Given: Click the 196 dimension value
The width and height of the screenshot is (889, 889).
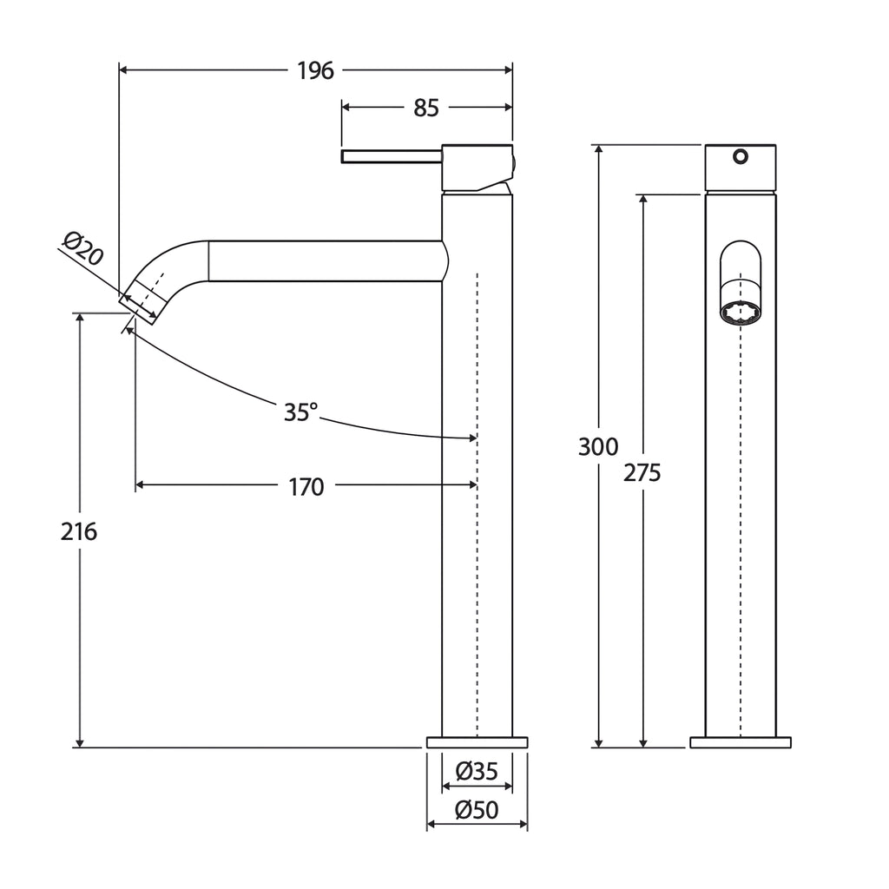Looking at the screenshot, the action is pyautogui.click(x=316, y=71).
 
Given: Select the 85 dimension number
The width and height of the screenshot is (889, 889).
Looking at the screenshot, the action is pyautogui.click(x=426, y=108).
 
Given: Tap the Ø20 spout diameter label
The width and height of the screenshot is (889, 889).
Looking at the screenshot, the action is pyautogui.click(x=83, y=247).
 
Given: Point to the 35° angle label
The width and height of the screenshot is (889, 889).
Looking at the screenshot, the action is pyautogui.click(x=300, y=412).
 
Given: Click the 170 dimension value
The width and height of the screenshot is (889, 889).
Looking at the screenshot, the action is pyautogui.click(x=306, y=487).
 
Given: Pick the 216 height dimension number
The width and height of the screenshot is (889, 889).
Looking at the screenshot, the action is pyautogui.click(x=79, y=532).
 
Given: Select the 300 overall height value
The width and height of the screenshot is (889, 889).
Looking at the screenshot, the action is pyautogui.click(x=598, y=447).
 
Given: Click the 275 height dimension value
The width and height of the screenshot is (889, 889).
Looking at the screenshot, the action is pyautogui.click(x=642, y=472).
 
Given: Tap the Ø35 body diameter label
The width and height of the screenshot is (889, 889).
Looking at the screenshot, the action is pyautogui.click(x=477, y=771).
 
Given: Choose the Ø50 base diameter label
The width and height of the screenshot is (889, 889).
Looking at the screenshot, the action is pyautogui.click(x=477, y=810).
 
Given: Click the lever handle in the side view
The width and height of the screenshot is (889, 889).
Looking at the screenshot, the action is pyautogui.click(x=392, y=156).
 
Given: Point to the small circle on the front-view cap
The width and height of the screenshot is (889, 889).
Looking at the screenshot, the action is pyautogui.click(x=741, y=156).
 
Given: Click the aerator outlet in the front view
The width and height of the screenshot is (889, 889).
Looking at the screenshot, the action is pyautogui.click(x=741, y=313).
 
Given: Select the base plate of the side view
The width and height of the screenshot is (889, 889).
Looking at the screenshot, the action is pyautogui.click(x=477, y=742).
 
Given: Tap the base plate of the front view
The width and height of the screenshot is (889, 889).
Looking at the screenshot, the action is pyautogui.click(x=741, y=742).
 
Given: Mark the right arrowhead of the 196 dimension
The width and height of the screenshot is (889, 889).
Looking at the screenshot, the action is pyautogui.click(x=508, y=70).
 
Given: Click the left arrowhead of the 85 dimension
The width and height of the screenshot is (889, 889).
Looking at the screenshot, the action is pyautogui.click(x=346, y=107).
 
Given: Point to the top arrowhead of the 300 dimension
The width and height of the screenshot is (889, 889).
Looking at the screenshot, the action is pyautogui.click(x=599, y=149).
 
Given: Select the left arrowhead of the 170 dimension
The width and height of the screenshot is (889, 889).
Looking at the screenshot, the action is pyautogui.click(x=141, y=484).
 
